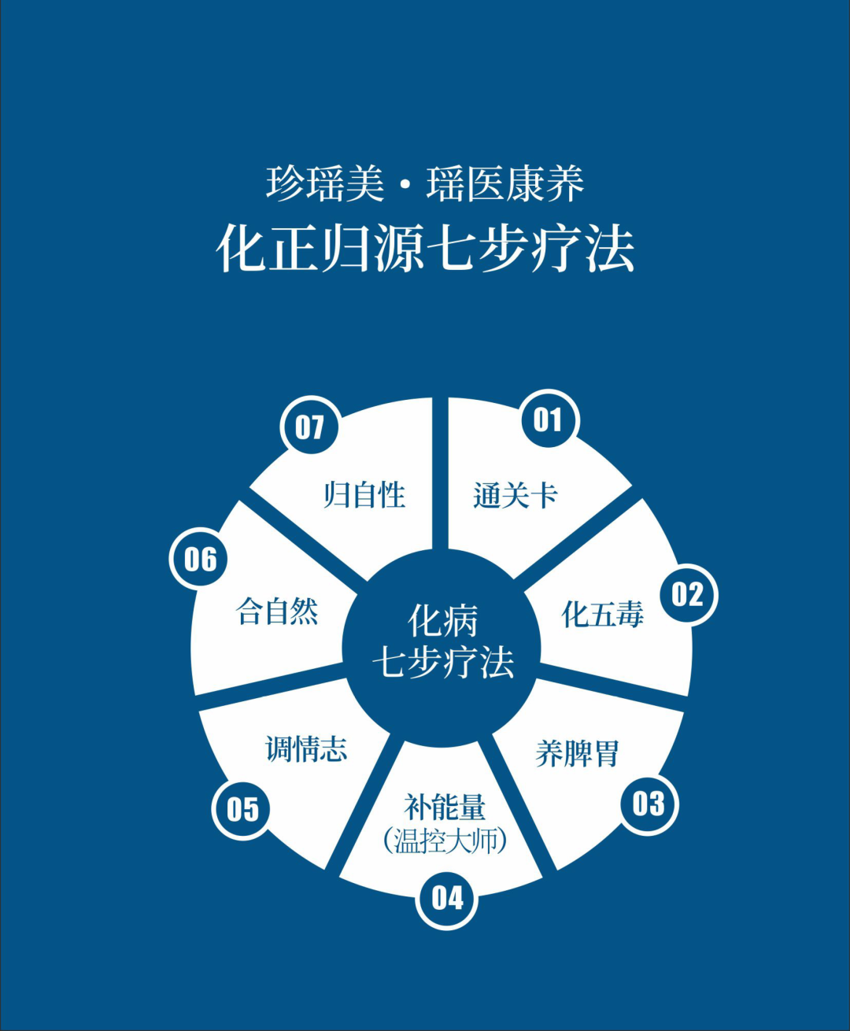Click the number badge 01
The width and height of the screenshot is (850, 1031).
pyautogui.click(x=549, y=419)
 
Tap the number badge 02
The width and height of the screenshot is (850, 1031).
pyautogui.click(x=688, y=594)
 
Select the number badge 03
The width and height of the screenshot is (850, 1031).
pyautogui.click(x=649, y=804)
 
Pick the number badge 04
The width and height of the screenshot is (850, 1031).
pyautogui.click(x=447, y=898)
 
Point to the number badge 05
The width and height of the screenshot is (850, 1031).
pyautogui.click(x=242, y=809)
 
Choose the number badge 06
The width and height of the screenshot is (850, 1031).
pyautogui.click(x=201, y=559)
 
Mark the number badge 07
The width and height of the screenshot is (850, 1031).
pyautogui.click(x=310, y=427)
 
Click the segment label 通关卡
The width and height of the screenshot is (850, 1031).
pyautogui.click(x=516, y=496)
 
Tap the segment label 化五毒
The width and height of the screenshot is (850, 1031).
pyautogui.click(x=603, y=615)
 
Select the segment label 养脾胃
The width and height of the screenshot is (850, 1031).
pyautogui.click(x=578, y=753)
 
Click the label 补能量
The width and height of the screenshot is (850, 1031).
pyautogui.click(x=445, y=807)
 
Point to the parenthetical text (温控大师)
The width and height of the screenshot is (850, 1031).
pyautogui.click(x=445, y=841)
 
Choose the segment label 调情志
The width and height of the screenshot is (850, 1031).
pyautogui.click(x=306, y=748)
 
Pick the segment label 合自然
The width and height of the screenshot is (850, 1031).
pyautogui.click(x=277, y=611)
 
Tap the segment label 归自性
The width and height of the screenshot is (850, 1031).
pyautogui.click(x=364, y=495)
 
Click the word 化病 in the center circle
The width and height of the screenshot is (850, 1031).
pyautogui.click(x=442, y=621)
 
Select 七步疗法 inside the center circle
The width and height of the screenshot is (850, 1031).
pyautogui.click(x=442, y=662)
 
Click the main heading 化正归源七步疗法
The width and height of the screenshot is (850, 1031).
pyautogui.click(x=426, y=249)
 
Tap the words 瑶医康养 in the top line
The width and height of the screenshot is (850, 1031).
pyautogui.click(x=504, y=184)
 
